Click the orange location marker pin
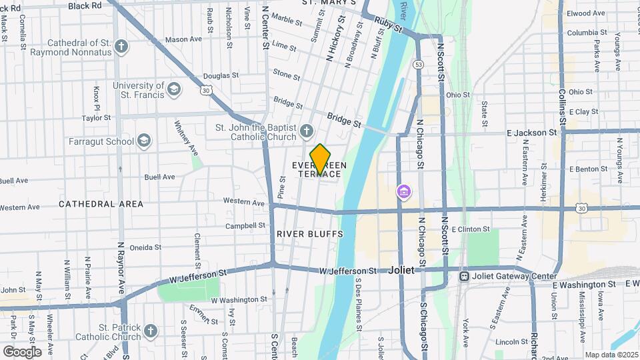coord(320,159)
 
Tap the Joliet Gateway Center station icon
coord(463,276)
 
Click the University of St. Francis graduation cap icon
coord(174,89)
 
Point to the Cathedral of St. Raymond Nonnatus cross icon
coord(121,47)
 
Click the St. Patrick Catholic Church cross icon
coord(151,331)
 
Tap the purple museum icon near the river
coord(403,192)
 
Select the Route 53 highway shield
coord(418,65)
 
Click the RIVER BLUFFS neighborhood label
coord(309,234)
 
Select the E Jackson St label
coord(532,133)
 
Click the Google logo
coord(22,351)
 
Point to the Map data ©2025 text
coord(611,355)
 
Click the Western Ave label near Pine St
coord(243,202)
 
